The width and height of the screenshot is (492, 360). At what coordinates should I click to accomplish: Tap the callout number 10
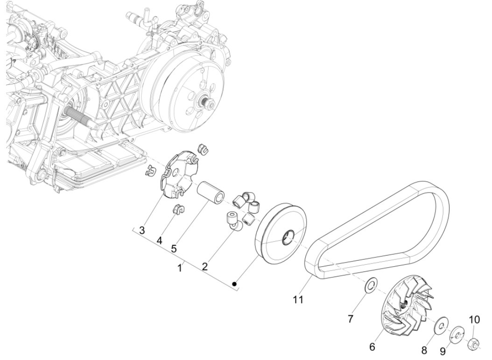474,319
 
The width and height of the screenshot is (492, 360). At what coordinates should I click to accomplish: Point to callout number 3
142,230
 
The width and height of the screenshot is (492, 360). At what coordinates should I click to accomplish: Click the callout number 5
174,248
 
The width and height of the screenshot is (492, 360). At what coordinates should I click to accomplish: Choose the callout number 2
204,266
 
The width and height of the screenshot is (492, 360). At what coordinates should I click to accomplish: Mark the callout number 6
373,347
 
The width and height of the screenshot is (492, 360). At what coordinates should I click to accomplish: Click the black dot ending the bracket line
236,283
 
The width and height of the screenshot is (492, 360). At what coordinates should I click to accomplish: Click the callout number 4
160,241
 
